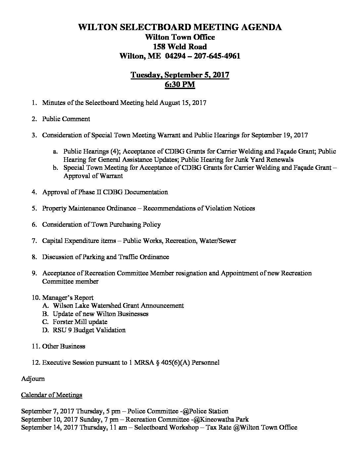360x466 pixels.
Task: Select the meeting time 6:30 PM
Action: [x=180, y=85]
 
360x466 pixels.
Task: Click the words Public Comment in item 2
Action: [x=66, y=119]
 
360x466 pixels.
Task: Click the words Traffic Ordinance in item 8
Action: [x=150, y=257]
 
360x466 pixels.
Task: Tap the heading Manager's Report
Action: [x=67, y=298]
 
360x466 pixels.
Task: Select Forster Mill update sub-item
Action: [x=80, y=322]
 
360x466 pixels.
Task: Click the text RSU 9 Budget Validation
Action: [x=89, y=330]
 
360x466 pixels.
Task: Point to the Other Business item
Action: [x=64, y=346]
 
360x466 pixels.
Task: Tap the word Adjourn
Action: [x=33, y=379]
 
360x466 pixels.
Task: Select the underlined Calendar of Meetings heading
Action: [x=52, y=395]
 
